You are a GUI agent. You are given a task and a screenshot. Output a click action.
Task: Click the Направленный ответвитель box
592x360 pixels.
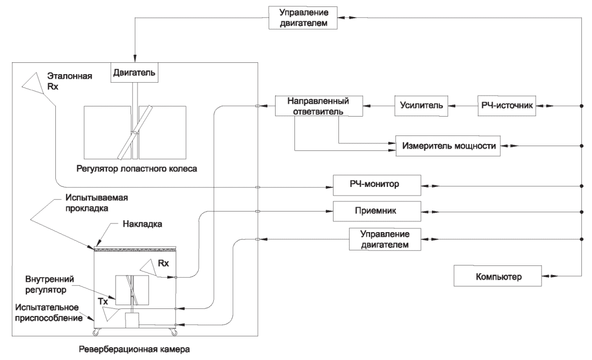point(317,106)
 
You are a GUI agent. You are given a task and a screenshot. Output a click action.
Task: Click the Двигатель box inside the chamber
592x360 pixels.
point(135,73)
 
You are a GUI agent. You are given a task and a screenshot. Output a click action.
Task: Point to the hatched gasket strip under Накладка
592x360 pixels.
point(135,249)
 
